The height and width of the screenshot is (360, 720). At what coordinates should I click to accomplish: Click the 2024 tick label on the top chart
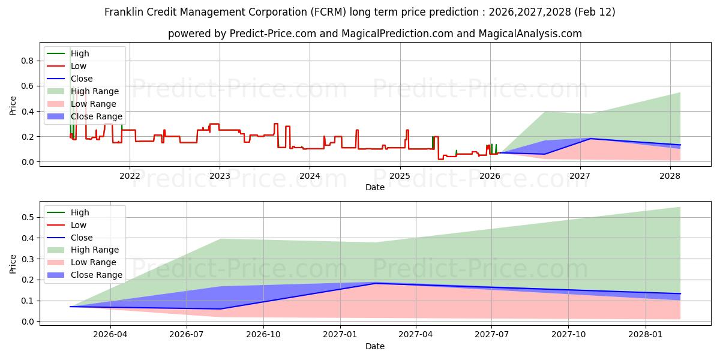coord(310,175)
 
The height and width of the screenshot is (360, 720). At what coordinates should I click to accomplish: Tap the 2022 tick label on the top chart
coord(130,175)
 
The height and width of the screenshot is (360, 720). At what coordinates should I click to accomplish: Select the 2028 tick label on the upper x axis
coord(670,175)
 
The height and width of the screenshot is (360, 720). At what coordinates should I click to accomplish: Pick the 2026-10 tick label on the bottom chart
coord(264,334)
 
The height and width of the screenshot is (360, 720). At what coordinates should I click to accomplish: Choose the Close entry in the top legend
coord(82,79)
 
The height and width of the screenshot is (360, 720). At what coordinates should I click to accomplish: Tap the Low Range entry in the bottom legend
coord(94,262)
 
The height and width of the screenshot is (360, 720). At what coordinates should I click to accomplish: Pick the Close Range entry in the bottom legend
coord(97,275)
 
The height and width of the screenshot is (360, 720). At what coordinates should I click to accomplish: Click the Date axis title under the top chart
coord(375,187)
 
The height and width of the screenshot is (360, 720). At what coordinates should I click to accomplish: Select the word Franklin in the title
coord(124,12)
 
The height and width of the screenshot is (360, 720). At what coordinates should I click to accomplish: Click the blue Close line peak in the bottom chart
coord(376,283)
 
